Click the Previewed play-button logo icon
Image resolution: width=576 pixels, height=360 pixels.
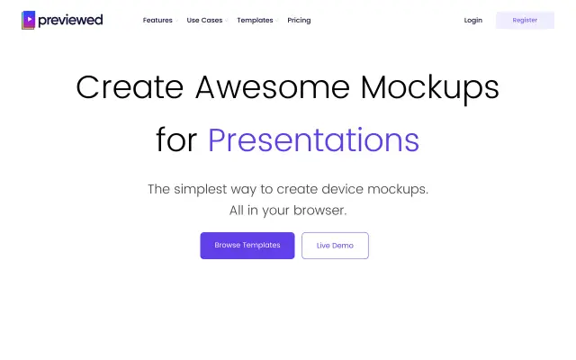point(28,20)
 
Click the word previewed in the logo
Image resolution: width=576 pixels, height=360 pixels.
point(70,20)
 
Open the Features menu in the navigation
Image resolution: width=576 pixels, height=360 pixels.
point(157,20)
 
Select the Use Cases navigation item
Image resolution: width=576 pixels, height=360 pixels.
point(204,20)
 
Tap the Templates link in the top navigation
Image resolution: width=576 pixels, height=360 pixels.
point(255,20)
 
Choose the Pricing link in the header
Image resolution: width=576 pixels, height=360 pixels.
point(299,20)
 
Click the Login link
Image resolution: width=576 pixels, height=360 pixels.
point(473,20)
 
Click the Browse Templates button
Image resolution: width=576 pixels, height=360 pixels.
point(247,246)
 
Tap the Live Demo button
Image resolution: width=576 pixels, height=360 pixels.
point(335,246)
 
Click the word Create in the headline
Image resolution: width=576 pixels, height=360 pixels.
point(130,87)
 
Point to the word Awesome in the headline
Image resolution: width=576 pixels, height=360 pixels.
point(273,87)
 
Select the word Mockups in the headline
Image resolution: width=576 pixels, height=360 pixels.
point(430,89)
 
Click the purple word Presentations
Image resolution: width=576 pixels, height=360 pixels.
point(313,140)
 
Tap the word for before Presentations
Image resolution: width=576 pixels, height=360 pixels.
point(176,139)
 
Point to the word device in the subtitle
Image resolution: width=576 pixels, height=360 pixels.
point(342,189)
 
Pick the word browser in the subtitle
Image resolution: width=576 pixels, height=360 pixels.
point(320,210)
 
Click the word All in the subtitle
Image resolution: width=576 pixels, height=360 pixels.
point(236,210)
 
